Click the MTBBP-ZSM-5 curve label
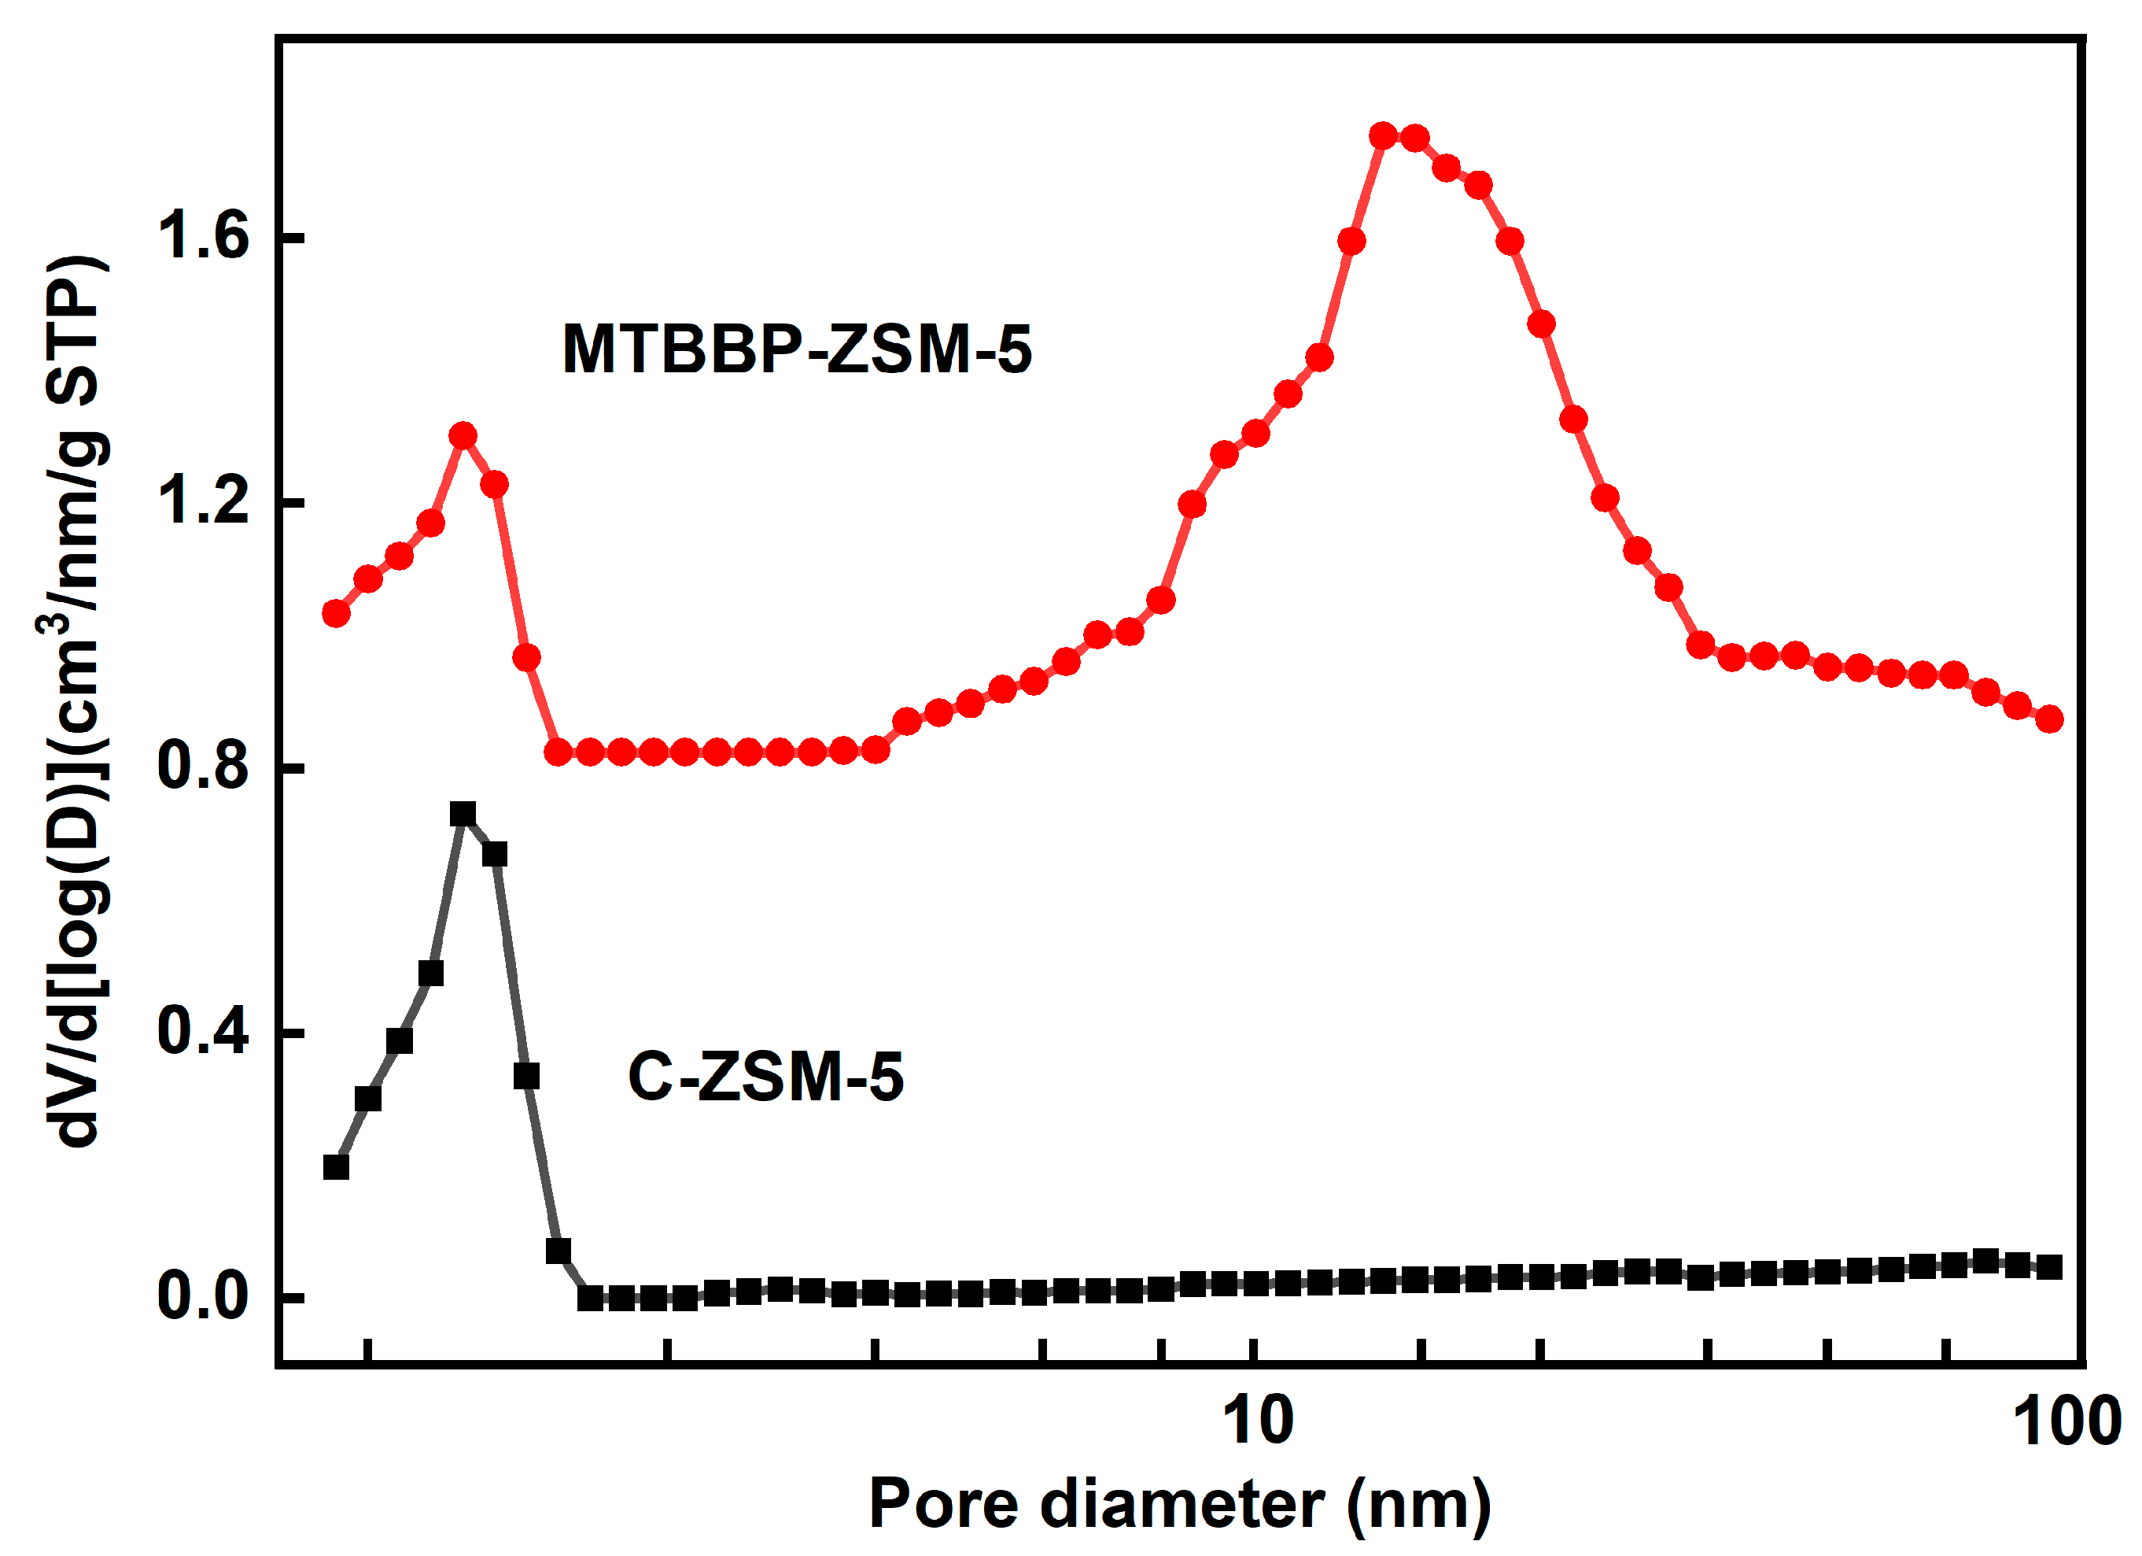point(796,349)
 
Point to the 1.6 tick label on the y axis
point(203,236)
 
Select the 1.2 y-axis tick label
point(203,501)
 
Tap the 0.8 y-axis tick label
point(203,766)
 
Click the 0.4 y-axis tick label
point(203,1032)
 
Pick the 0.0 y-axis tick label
point(203,1297)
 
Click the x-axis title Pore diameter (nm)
point(1178,1504)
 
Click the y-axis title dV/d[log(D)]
point(76,699)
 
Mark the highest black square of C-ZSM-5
point(463,815)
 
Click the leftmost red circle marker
point(336,613)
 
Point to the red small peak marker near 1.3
point(463,435)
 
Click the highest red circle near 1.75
point(1383,136)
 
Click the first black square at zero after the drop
point(590,1298)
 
